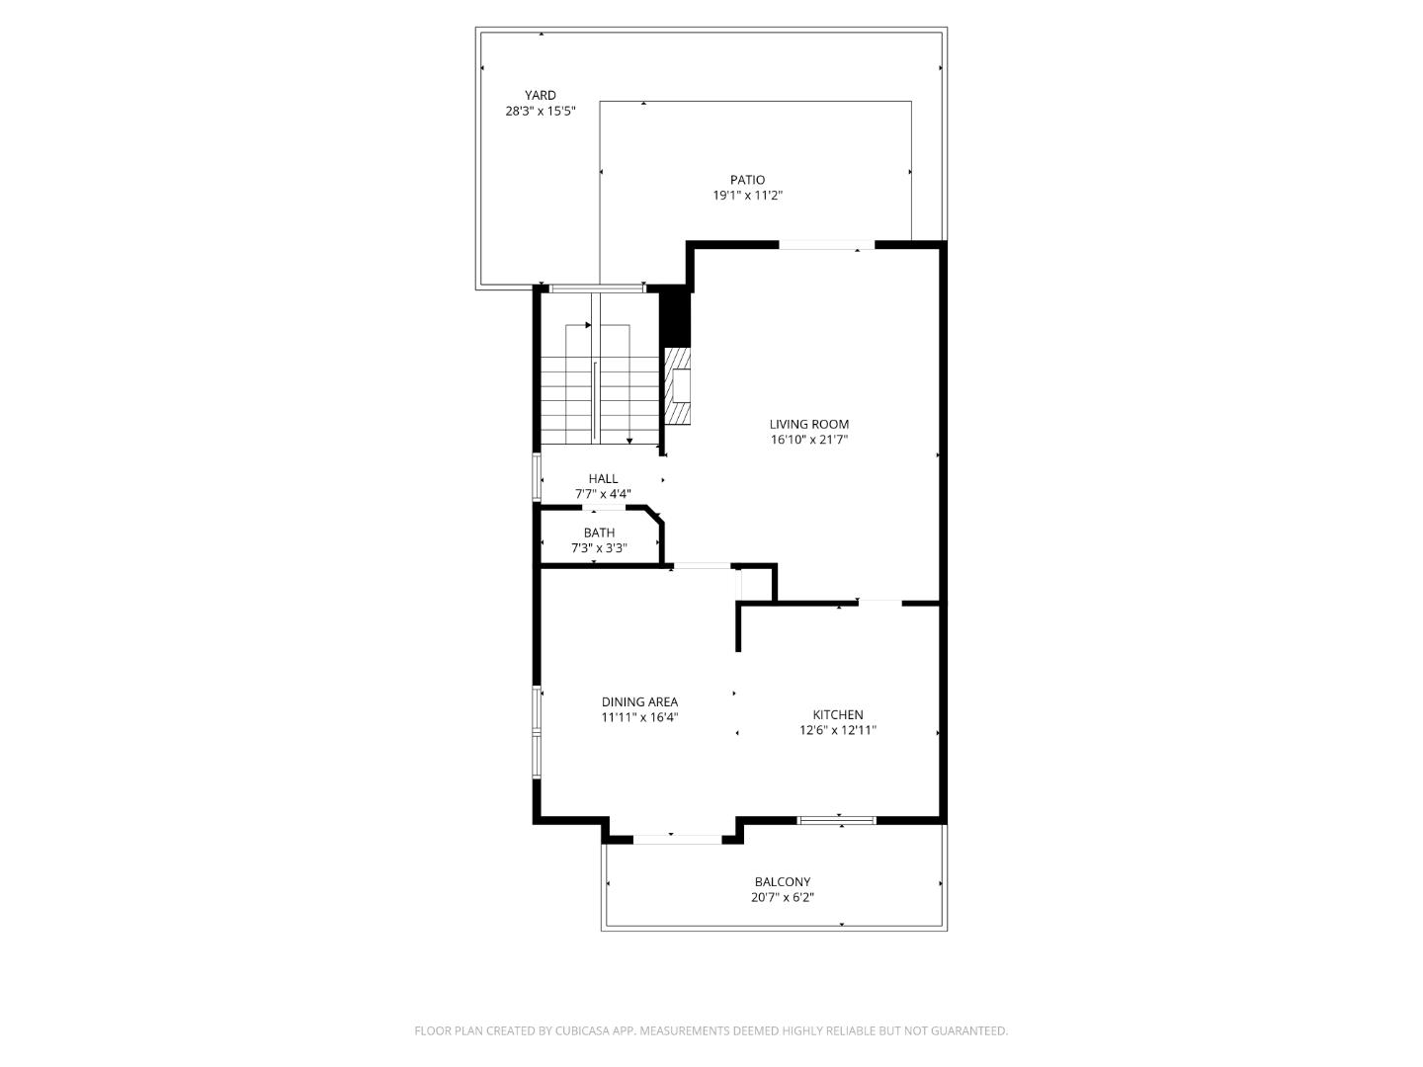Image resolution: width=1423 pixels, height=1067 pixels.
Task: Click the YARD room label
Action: click(x=540, y=96)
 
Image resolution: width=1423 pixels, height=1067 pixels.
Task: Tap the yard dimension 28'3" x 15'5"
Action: click(x=540, y=112)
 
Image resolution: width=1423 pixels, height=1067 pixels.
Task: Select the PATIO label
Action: click(x=747, y=180)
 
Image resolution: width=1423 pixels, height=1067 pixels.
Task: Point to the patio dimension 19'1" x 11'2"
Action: click(x=747, y=196)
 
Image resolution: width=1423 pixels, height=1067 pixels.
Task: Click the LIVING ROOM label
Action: click(x=809, y=424)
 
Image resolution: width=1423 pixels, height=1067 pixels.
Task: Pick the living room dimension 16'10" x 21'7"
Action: click(x=809, y=440)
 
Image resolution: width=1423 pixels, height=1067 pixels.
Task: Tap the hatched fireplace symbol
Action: click(x=677, y=385)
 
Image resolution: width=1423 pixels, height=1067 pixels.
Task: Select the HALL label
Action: click(x=603, y=478)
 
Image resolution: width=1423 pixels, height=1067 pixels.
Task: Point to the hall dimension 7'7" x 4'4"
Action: click(x=603, y=494)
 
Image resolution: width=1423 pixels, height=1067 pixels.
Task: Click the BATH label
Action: click(x=599, y=533)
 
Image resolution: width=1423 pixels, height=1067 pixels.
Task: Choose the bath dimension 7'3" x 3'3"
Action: click(x=599, y=548)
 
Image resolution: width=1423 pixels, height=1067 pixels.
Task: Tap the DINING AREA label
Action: click(x=639, y=702)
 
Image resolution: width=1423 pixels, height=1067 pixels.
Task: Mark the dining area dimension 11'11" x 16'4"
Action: click(x=639, y=718)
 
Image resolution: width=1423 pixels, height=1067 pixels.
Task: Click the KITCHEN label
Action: click(x=838, y=714)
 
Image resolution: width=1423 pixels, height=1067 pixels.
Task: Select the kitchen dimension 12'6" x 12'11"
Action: click(x=838, y=731)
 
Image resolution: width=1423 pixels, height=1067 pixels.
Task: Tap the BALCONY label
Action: click(x=782, y=882)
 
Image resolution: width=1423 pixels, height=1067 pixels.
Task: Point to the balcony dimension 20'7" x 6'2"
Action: click(x=782, y=898)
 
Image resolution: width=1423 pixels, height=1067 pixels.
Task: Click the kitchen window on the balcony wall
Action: click(x=837, y=819)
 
